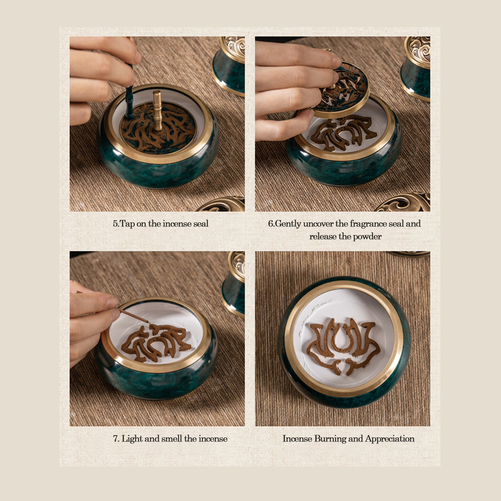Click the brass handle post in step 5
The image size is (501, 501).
point(157,110)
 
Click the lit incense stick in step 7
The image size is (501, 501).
point(134,315)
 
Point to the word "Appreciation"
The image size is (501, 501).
point(390,439)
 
